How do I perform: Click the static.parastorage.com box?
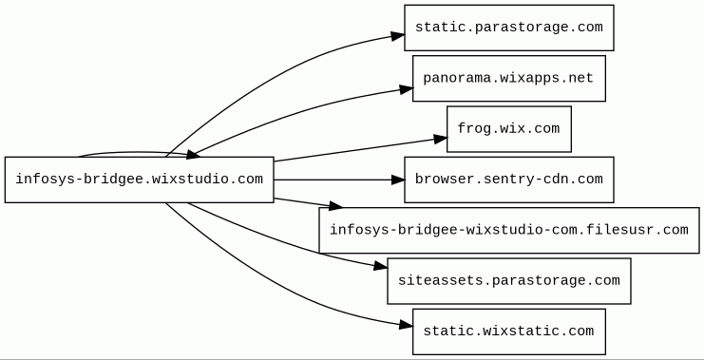tap(508, 28)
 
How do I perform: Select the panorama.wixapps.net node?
tap(508, 79)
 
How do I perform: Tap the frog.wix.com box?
tap(508, 129)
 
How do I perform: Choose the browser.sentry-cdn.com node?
tap(508, 180)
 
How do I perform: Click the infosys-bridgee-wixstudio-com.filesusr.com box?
tap(508, 230)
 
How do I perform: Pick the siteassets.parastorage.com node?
tap(508, 281)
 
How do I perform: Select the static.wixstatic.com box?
tap(508, 332)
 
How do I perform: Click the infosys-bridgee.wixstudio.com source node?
tap(139, 180)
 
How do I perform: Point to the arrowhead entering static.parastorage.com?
tap(398, 36)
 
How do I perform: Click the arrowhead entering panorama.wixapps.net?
tap(407, 89)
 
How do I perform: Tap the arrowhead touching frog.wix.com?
tap(441, 139)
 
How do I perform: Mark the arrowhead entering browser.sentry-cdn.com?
tap(398, 180)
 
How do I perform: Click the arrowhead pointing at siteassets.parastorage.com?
tap(380, 267)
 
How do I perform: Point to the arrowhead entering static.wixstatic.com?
tap(406, 326)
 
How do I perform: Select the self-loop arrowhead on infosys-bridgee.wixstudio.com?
tap(193, 155)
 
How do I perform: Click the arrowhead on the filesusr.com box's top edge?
tap(335, 206)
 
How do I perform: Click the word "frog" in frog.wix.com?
tap(474, 129)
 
